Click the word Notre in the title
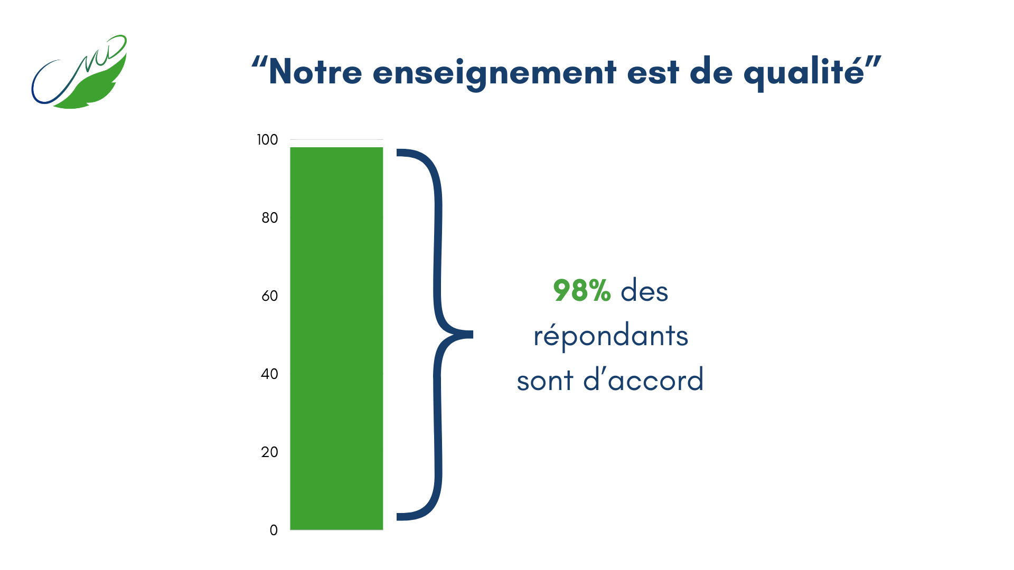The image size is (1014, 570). coord(315,72)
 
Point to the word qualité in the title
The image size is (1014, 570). coord(804,73)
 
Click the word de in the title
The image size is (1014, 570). coord(711,72)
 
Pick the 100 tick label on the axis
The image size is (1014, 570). coord(267,140)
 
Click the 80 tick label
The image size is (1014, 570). coord(269,218)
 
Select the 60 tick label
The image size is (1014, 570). coord(269,296)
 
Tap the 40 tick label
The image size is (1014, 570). coord(269,374)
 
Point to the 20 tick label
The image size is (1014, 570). coord(269,452)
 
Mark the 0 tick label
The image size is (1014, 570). coord(274,530)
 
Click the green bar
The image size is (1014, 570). coord(336,338)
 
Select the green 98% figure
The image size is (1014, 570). coord(582,291)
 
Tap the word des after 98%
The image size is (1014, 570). coord(644,291)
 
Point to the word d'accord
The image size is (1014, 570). coord(643,379)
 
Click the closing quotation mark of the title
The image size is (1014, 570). coord(874,62)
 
